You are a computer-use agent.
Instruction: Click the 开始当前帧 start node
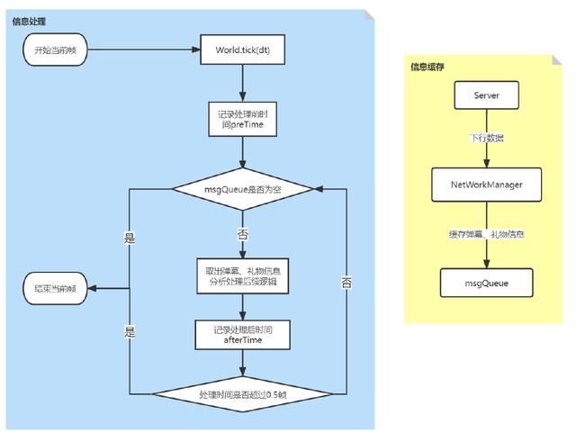coord(55,50)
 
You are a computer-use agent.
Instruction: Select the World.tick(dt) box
coord(242,50)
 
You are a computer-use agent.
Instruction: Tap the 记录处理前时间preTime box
coord(242,120)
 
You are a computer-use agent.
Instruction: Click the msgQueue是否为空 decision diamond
coord(242,189)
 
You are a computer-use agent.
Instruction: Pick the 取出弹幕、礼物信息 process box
coord(242,276)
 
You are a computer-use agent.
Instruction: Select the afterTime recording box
coord(242,335)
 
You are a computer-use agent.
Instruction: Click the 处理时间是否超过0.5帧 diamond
coord(242,394)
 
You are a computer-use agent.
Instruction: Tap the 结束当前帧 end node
coord(55,288)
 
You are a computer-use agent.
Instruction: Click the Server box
coord(486,95)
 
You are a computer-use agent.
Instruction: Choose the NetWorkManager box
coord(486,185)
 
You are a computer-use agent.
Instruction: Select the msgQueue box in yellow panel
coord(486,283)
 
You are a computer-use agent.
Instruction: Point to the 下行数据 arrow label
coord(486,138)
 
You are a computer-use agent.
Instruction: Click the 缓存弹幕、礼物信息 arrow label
coord(486,234)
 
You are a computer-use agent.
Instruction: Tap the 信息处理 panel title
coord(29,22)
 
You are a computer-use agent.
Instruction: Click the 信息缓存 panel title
coord(427,67)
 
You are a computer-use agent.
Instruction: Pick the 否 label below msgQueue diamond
coord(242,234)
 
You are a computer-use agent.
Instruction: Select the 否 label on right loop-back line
coord(346,283)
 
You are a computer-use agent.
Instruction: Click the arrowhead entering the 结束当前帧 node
coord(92,288)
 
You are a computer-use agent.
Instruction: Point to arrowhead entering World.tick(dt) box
coord(196,50)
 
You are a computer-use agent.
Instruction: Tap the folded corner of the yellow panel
coord(556,60)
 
